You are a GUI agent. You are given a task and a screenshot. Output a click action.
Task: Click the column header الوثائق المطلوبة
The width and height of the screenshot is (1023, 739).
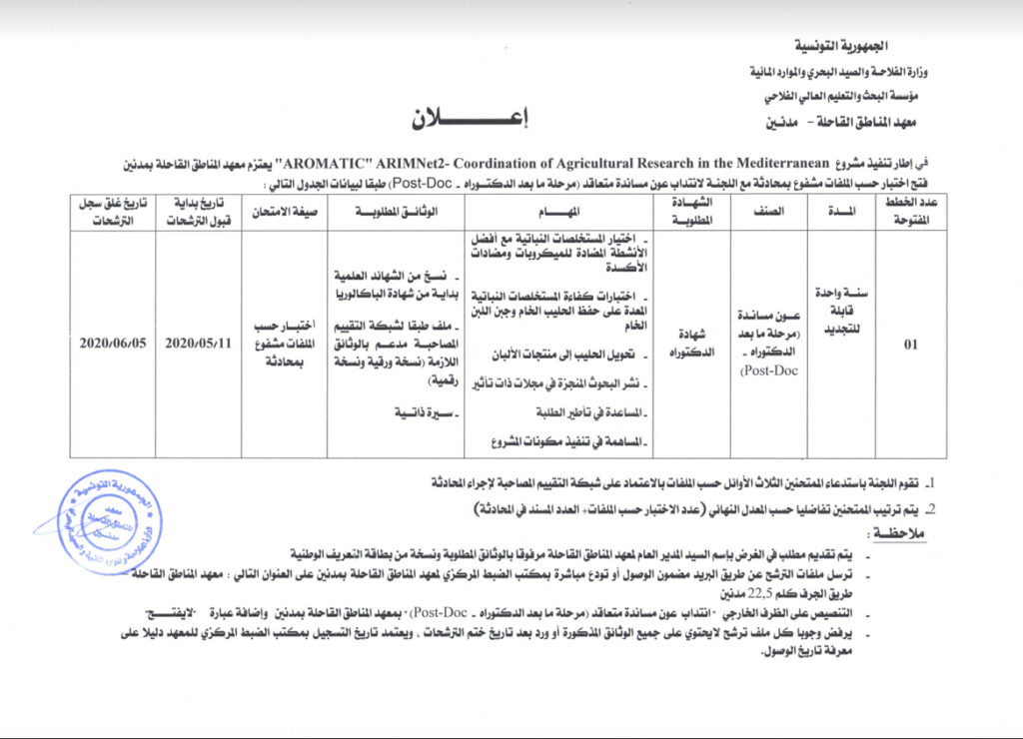click(x=396, y=213)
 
